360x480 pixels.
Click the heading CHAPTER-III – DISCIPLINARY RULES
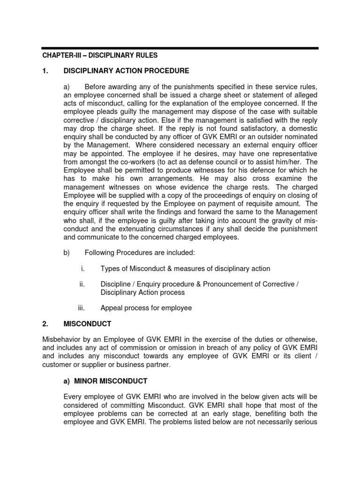point(101,55)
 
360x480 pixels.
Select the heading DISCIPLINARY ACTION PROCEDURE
point(137,71)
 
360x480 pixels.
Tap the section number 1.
point(45,71)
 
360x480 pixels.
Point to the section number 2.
point(45,323)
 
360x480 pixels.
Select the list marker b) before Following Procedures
point(67,253)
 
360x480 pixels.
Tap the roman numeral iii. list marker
point(81,308)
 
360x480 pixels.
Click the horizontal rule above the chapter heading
point(180,48)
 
